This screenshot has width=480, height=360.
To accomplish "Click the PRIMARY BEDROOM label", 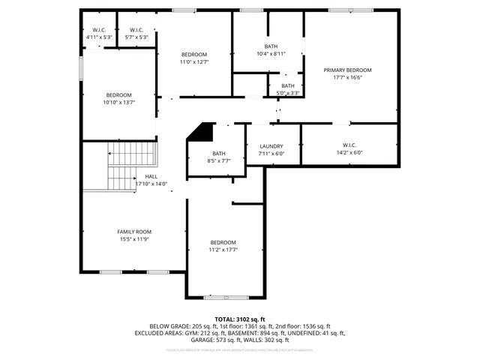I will click(347, 70).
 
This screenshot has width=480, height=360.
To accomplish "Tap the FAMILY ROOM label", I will click(134, 232).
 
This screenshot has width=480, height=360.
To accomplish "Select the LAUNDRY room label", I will click(271, 146).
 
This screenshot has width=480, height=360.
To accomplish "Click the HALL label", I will click(151, 177).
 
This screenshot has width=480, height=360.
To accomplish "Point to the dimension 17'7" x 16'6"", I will click(347, 77).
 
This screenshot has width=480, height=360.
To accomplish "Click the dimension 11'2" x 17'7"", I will click(223, 250).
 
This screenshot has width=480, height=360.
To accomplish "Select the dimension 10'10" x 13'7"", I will click(118, 103).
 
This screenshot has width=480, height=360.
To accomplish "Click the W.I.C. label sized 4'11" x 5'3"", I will click(97, 30).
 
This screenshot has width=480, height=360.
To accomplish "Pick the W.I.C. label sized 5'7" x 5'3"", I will click(136, 30).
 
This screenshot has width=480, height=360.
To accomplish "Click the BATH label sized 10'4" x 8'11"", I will click(271, 46).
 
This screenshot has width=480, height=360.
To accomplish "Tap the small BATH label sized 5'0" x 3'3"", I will click(288, 86).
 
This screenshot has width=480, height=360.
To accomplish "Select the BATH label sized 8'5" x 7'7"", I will click(219, 153).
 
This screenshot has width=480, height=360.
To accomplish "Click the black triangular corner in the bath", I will click(199, 132).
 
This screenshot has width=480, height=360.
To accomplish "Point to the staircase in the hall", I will click(131, 166).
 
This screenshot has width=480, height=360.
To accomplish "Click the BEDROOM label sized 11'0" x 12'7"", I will click(194, 55).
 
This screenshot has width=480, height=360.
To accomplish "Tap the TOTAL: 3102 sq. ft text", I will click(240, 319).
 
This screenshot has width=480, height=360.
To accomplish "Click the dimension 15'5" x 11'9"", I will click(134, 239).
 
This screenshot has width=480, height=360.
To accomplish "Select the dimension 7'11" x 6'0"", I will click(271, 154).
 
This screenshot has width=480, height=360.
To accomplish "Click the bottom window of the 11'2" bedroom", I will click(224, 297).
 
